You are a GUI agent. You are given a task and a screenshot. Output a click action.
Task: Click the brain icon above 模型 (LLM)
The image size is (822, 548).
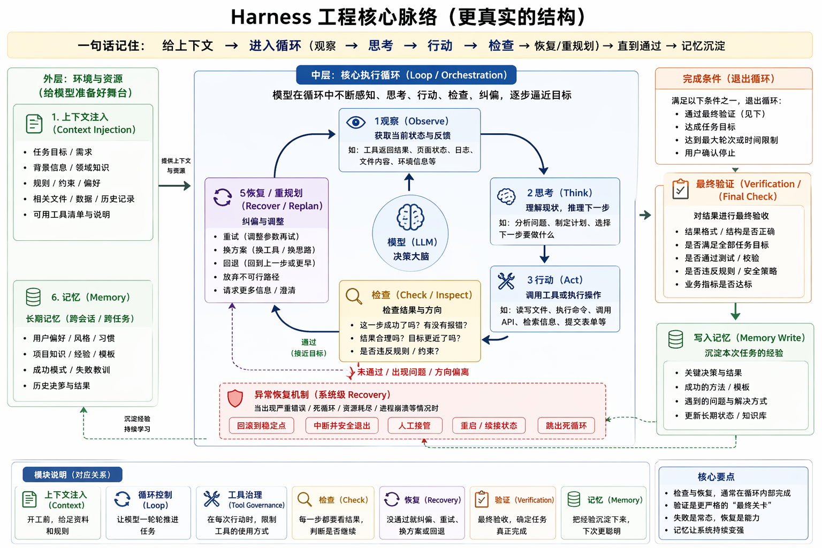(410, 217)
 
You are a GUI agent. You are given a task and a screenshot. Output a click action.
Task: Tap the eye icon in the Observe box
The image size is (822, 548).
(356, 122)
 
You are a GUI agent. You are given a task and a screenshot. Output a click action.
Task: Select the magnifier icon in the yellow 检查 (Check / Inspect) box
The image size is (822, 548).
(354, 296)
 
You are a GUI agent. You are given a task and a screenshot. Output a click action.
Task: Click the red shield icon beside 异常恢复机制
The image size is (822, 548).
(235, 398)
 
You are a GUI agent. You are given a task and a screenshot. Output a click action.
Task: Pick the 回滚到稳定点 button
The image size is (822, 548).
(262, 425)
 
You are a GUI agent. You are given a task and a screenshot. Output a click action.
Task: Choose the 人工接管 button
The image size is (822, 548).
(414, 425)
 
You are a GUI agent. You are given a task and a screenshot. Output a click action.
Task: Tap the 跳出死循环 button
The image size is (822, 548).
(566, 425)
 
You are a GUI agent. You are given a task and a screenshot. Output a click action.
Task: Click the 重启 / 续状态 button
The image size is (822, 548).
(489, 425)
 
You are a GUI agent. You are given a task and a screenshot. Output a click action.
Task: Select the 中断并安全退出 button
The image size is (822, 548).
(342, 425)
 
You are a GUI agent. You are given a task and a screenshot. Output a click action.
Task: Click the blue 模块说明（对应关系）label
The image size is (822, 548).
(72, 475)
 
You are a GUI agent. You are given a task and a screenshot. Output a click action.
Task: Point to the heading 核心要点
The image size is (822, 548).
(716, 476)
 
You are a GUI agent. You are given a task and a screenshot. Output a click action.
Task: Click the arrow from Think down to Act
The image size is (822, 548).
(544, 254)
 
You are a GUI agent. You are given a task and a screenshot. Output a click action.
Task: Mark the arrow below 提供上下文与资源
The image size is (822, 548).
(175, 186)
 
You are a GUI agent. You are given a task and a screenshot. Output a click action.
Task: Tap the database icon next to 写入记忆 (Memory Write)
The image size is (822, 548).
(676, 339)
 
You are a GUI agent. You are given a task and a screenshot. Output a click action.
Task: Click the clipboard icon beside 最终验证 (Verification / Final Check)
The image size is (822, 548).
(680, 189)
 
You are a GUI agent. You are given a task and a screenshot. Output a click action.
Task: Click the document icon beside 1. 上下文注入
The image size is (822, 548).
(34, 124)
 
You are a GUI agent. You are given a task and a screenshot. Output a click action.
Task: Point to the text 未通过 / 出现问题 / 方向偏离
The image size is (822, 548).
(413, 372)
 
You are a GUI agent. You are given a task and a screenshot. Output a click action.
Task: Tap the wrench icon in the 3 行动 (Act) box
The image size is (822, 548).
(506, 281)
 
